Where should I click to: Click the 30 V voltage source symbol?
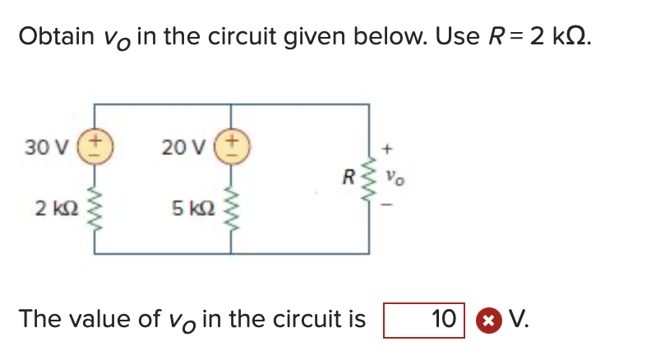tap(95, 148)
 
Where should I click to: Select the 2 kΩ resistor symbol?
tap(95, 209)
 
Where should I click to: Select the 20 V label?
tap(179, 148)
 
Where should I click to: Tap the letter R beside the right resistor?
tap(349, 175)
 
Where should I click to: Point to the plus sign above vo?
tap(390, 150)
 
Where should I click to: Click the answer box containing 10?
tap(424, 320)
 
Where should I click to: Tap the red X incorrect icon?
tap(487, 320)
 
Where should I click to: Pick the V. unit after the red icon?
tap(519, 319)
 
